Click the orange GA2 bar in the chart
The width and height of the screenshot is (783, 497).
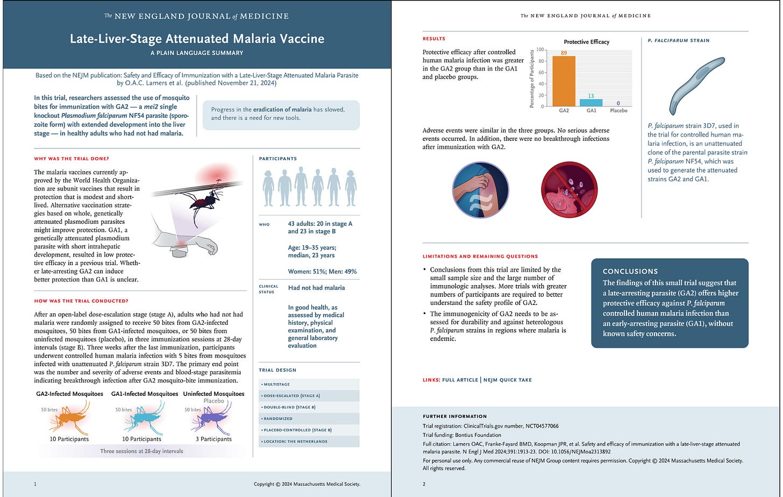point(564,81)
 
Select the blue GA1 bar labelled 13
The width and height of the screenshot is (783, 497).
point(591,103)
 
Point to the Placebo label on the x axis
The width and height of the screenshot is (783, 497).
point(618,111)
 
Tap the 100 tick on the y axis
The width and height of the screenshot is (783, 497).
point(539,50)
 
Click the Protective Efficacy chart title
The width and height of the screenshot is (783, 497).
point(586,42)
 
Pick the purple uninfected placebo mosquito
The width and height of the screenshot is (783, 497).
point(212,417)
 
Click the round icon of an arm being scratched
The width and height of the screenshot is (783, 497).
point(481,189)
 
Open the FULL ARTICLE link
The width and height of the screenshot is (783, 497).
point(460,380)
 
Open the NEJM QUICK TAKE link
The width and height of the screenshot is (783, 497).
point(507,380)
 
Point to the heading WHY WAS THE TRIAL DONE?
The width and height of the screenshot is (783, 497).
point(72,159)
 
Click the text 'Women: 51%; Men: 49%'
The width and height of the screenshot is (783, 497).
point(322,272)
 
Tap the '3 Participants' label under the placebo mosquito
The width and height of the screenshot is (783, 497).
point(213,439)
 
